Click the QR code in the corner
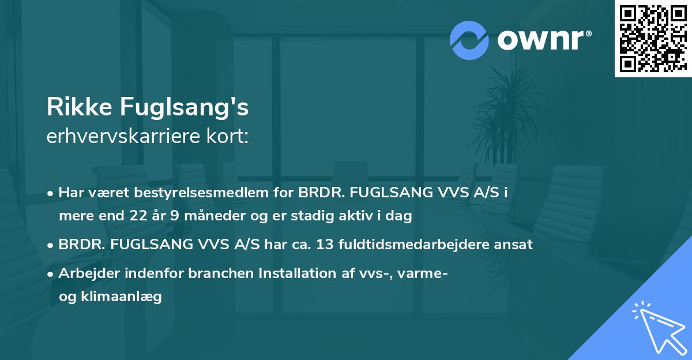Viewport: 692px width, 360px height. click(x=653, y=38)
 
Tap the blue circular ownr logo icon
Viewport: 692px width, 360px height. click(x=469, y=40)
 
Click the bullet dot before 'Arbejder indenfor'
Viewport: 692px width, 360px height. click(x=51, y=274)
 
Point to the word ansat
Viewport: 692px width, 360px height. click(x=516, y=244)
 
